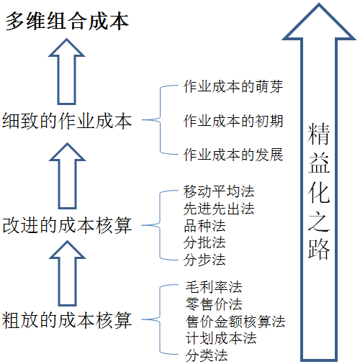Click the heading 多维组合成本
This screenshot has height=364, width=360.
click(67, 22)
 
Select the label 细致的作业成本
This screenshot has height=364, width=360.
click(67, 121)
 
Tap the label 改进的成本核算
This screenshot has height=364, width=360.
click(67, 225)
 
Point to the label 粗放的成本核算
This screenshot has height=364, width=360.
click(67, 319)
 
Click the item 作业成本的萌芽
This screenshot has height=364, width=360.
click(233, 86)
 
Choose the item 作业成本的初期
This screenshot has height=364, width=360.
click(233, 121)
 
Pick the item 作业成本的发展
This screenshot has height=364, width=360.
click(233, 155)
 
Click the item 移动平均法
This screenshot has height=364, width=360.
click(219, 191)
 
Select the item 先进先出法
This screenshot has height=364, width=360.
click(219, 209)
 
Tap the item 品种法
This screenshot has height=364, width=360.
click(204, 226)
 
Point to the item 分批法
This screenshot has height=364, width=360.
click(204, 243)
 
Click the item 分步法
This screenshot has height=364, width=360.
click(204, 260)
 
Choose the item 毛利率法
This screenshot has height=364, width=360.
click(214, 287)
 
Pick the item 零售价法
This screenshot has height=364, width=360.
click(214, 304)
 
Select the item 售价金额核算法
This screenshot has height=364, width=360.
click(235, 322)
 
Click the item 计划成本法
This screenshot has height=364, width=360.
click(221, 338)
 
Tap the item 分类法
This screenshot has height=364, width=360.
click(207, 355)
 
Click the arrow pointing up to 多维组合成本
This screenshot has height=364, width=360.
click(67, 71)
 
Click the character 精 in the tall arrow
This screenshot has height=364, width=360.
click(319, 135)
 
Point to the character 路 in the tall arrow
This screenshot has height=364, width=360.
click(319, 249)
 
